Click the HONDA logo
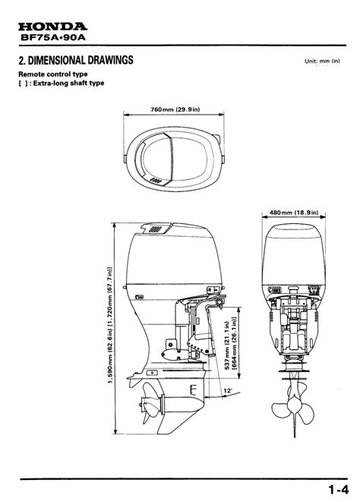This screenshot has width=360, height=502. (x=52, y=27)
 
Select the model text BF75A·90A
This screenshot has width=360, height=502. (x=53, y=37)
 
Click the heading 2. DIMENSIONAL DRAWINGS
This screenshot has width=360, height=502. (x=76, y=60)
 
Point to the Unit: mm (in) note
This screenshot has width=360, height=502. (x=322, y=61)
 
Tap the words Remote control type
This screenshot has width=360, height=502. (x=53, y=74)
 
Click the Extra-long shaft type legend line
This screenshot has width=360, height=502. (x=62, y=84)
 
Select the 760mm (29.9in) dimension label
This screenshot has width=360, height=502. (x=175, y=109)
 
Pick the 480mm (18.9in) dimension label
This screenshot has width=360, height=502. (x=294, y=212)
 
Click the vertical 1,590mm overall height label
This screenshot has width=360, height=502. (x=110, y=325)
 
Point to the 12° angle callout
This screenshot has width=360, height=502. (x=228, y=391)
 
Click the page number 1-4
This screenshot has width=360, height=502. (x=338, y=490)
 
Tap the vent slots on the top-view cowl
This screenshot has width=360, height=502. (x=156, y=181)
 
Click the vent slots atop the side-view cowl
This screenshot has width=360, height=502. (x=156, y=229)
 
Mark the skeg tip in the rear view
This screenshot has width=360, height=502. (x=295, y=437)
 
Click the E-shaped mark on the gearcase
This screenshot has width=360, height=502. (x=193, y=390)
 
